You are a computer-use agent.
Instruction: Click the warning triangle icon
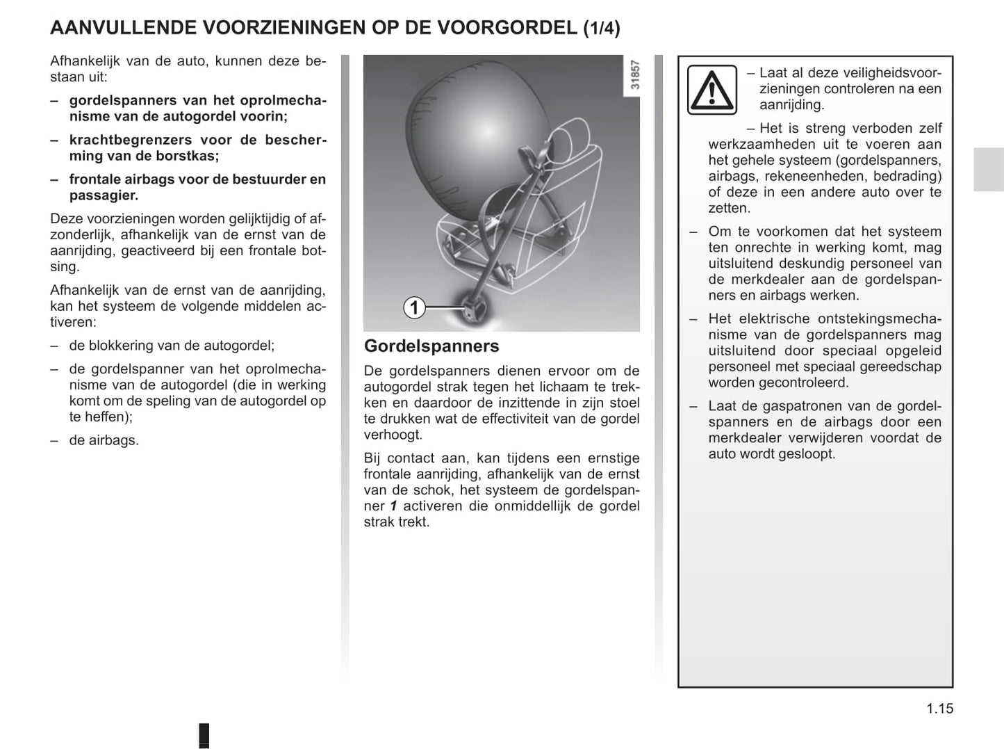pos(711,90)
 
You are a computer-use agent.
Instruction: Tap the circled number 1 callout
pos(414,307)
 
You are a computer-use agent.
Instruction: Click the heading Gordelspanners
pos(431,346)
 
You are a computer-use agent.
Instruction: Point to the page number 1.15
pos(939,709)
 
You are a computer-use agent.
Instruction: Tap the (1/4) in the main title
pos(602,28)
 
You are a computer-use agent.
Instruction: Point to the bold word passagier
pos(103,195)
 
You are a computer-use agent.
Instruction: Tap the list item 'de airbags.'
pos(104,440)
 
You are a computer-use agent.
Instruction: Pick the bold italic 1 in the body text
pos(393,506)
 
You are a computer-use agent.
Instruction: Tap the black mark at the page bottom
pos(204,736)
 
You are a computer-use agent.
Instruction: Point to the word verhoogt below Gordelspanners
pos(393,435)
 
